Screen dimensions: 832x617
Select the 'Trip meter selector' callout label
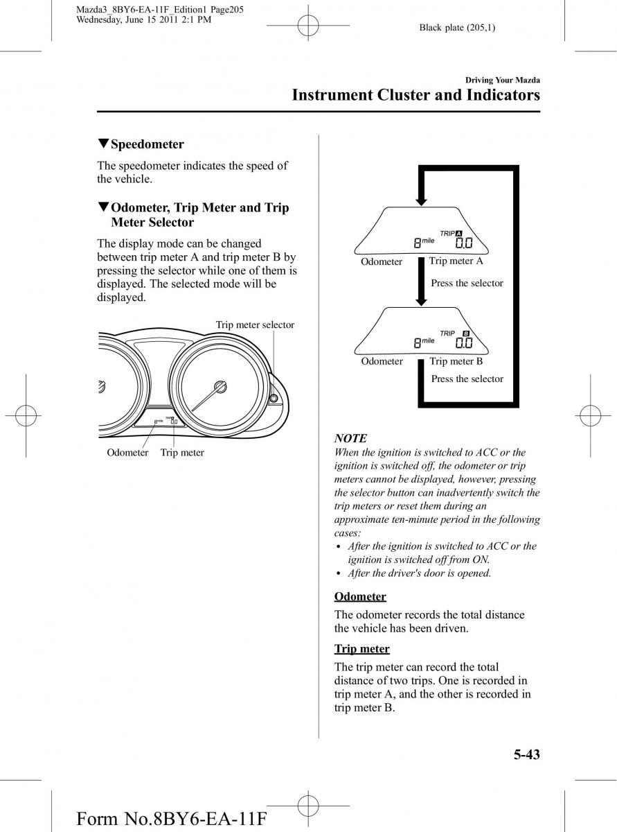pyautogui.click(x=255, y=324)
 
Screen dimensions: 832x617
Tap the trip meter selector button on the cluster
pyautogui.click(x=274, y=399)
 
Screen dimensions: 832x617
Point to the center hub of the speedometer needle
pyautogui.click(x=220, y=386)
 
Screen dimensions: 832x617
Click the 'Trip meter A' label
pyautogui.click(x=456, y=261)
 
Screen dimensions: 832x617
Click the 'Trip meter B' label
pyautogui.click(x=456, y=361)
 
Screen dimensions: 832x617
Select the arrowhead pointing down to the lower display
pyautogui.click(x=420, y=298)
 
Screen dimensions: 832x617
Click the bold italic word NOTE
pyautogui.click(x=350, y=438)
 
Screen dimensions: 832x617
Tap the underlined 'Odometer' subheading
pyautogui.click(x=360, y=596)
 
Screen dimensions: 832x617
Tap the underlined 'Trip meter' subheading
pyautogui.click(x=361, y=649)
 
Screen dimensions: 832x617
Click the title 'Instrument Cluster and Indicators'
pyautogui.click(x=415, y=95)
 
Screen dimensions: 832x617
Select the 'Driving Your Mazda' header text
pyautogui.click(x=502, y=81)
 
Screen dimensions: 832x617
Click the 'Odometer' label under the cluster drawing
pyautogui.click(x=127, y=453)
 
